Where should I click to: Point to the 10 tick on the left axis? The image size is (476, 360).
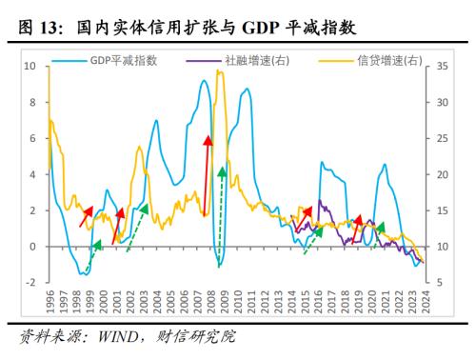coord(29,67)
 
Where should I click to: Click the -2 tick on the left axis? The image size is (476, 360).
coord(30,283)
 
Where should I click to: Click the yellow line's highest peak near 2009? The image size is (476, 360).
coord(220,71)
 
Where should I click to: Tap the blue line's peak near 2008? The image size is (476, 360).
coord(204,82)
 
